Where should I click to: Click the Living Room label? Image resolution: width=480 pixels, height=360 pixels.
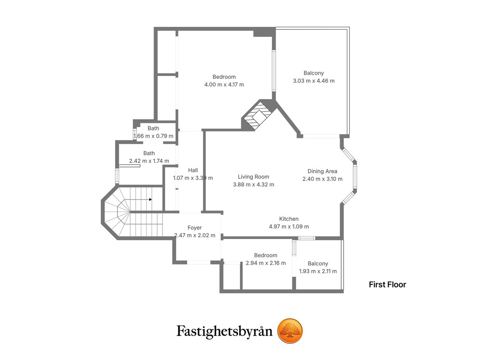coord(253,177)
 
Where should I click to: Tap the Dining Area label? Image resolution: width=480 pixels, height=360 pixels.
coord(322,171)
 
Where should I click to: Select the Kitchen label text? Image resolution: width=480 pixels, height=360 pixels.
coord(289,219)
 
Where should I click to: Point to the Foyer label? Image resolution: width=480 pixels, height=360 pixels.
coord(194,228)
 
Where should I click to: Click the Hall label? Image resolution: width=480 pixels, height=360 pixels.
coord(193,170)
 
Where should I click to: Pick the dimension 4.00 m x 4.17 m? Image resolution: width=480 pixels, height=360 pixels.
coord(224,84)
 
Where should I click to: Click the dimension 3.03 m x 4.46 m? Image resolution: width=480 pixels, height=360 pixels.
coord(314,81)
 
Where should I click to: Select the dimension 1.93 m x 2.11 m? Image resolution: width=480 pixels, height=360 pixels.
coord(318,271)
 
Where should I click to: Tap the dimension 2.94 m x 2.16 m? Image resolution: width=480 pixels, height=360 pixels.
coord(266,263)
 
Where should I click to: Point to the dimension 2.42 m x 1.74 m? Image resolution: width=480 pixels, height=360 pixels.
coord(149,161)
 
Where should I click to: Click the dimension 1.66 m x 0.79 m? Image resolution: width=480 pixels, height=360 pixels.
coord(153,136)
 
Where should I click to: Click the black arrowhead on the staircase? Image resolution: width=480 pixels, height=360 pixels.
coord(150,199)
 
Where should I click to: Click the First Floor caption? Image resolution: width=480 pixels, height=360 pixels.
coord(387,284)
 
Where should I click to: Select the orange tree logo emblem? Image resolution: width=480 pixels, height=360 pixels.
coord(290,331)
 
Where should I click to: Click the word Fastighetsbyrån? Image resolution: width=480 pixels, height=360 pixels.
coord(224,332)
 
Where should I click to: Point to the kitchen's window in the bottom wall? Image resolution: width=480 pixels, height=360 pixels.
coord(306,238)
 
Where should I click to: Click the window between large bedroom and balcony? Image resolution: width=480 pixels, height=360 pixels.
coord(274,71)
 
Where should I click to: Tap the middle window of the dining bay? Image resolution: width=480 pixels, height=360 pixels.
coord(355,176)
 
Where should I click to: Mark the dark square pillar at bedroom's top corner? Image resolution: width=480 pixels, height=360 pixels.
coord(264,32)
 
